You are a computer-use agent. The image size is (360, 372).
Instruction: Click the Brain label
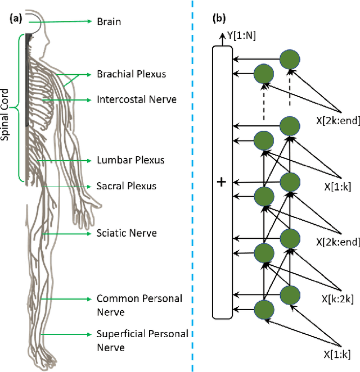pyautogui.click(x=109, y=22)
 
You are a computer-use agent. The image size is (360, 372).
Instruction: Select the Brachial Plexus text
pyautogui.click(x=131, y=74)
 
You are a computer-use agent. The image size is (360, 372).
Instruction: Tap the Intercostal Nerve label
pyautogui.click(x=137, y=99)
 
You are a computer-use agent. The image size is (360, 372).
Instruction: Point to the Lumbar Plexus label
pyautogui.click(x=130, y=160)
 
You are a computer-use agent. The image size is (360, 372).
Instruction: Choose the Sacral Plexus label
pyautogui.click(x=127, y=186)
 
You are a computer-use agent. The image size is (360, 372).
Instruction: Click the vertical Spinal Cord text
pyautogui.click(x=6, y=107)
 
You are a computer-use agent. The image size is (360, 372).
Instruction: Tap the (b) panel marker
pyautogui.click(x=218, y=17)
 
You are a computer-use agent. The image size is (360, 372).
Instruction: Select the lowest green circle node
pyautogui.click(x=265, y=310)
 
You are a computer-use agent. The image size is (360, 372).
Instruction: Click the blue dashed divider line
pyautogui.click(x=193, y=185)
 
